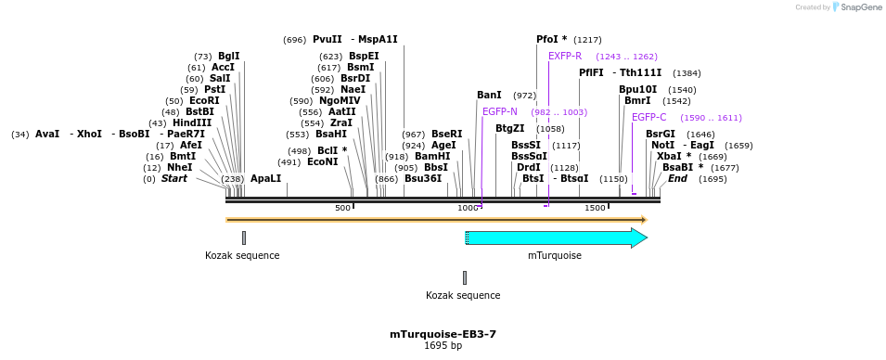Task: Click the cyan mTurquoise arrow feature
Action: (x=555, y=238)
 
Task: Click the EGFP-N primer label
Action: (x=500, y=111)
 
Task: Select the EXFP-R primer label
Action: (x=565, y=56)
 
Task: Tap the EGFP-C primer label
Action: (x=648, y=117)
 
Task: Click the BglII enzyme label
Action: (x=228, y=56)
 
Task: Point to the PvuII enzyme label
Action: (x=327, y=39)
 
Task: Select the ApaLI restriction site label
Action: (x=265, y=178)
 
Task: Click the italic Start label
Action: (x=174, y=178)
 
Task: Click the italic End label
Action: (x=677, y=178)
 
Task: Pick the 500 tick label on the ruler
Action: (x=342, y=208)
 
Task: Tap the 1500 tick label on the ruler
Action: (x=595, y=208)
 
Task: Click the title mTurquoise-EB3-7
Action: (x=443, y=334)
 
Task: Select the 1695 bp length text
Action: (x=443, y=346)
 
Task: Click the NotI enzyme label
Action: (x=662, y=145)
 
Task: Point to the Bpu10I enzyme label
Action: (x=637, y=89)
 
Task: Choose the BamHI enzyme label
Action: (x=431, y=156)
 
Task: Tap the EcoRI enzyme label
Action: (x=204, y=100)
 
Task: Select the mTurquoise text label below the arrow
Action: (x=555, y=255)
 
